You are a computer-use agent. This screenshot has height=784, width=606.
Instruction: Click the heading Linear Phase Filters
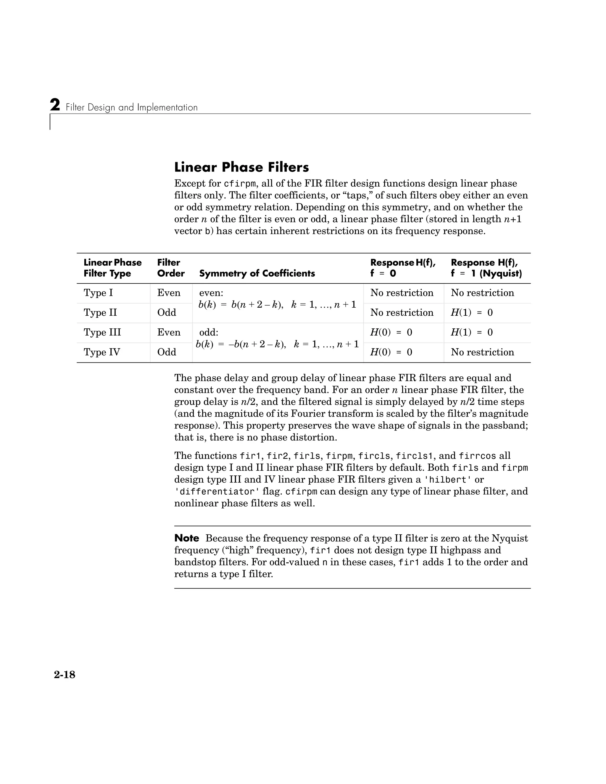coord(241,167)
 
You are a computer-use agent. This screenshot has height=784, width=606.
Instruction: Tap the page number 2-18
coord(65,675)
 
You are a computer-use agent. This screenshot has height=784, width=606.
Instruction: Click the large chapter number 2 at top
coord(55,106)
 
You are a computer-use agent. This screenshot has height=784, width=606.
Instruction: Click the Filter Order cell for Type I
coord(169,293)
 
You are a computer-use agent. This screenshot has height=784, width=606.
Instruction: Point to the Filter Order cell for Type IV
coord(167,352)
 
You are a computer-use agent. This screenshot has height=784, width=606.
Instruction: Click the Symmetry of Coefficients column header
coord(257,274)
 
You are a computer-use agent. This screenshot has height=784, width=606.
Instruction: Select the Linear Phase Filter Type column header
coord(112,268)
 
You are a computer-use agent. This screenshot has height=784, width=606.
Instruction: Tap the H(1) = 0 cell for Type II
coord(471,313)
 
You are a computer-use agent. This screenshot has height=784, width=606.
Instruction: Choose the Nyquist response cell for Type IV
coord(482,352)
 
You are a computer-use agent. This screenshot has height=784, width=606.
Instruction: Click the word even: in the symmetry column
coord(211,293)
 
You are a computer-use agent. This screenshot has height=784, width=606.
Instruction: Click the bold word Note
coord(187,538)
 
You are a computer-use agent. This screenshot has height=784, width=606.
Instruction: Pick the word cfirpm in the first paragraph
coord(240,184)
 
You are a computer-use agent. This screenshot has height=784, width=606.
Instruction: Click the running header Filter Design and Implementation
coord(132,108)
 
